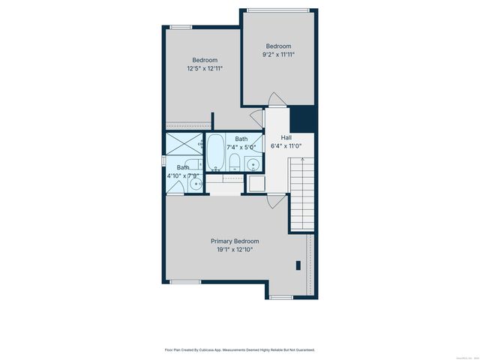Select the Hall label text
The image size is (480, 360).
point(286,138)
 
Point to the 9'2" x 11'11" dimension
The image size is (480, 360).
point(278,54)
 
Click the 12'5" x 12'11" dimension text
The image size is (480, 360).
point(205,68)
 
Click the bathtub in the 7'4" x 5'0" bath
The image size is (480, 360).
point(216,153)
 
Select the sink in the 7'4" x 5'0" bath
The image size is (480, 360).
point(253,164)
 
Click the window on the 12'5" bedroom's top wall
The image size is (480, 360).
point(180,27)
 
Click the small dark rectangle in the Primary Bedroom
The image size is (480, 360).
point(298,264)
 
